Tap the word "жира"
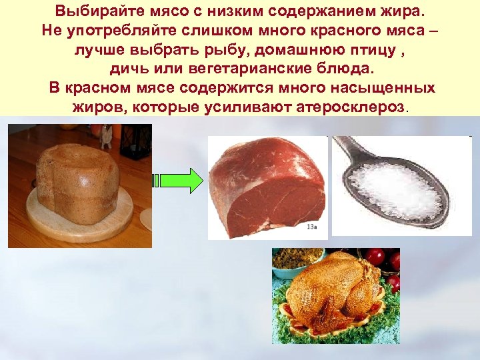403,11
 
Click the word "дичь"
129,69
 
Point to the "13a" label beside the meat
311,227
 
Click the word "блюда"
347,69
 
